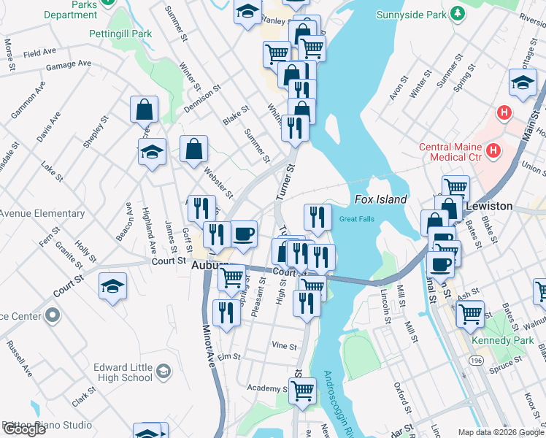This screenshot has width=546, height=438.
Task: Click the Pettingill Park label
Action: [120, 34]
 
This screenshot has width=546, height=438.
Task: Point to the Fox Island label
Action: [380, 199]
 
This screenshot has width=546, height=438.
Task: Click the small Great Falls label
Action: [356, 218]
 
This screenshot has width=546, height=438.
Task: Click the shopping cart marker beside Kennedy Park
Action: [470, 313]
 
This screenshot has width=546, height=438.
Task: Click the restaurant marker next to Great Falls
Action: [318, 216]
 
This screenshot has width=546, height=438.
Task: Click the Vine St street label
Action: [284, 346]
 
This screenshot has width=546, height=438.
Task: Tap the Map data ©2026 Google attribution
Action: [500, 432]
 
